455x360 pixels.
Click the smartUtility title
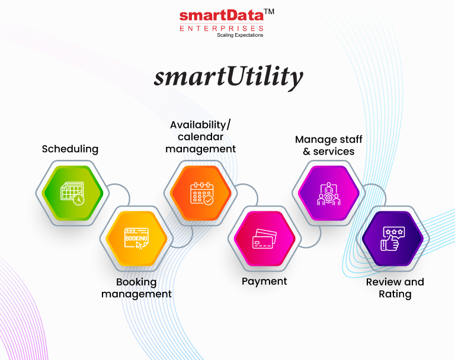(x=228, y=76)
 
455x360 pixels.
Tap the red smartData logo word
(x=222, y=15)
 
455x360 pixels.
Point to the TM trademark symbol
(x=269, y=12)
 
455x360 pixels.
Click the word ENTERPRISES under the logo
(x=222, y=28)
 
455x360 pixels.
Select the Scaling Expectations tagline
(x=240, y=35)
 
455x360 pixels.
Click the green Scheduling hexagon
(x=72, y=193)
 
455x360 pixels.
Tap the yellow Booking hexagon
(x=136, y=239)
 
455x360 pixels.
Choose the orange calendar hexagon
(x=200, y=193)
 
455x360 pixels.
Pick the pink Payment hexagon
(x=265, y=239)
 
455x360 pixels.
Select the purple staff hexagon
(x=329, y=193)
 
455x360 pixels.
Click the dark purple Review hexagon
(x=393, y=239)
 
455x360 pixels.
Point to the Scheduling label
(x=70, y=149)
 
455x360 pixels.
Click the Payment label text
(x=264, y=281)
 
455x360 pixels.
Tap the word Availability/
(x=200, y=125)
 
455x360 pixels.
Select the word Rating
(x=395, y=294)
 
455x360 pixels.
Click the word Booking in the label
(x=136, y=282)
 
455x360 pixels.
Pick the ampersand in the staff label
(x=306, y=152)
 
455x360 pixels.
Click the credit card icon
(x=264, y=239)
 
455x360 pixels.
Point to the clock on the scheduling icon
(x=79, y=200)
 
